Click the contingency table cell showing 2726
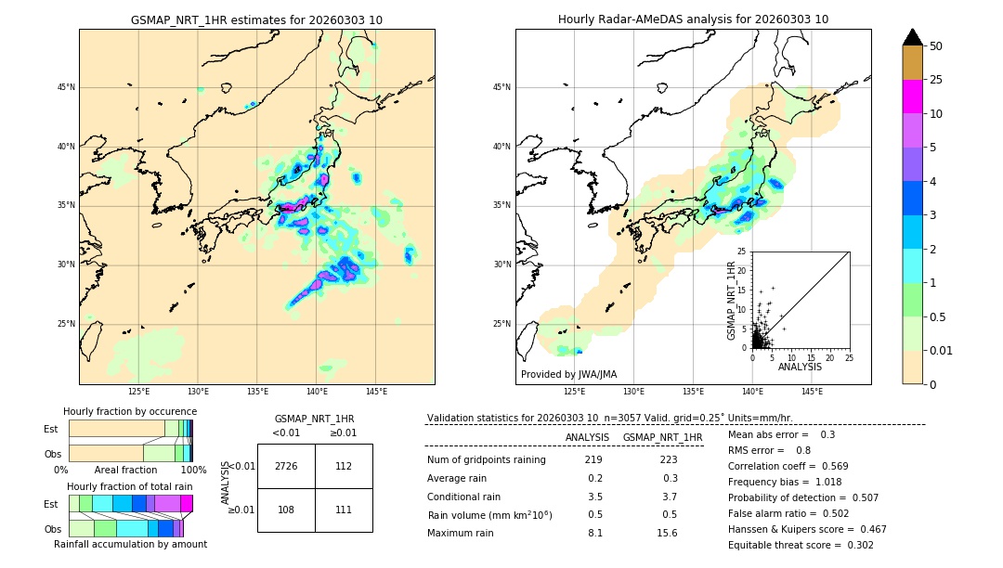pyautogui.click(x=286, y=466)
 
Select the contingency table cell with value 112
pyautogui.click(x=344, y=466)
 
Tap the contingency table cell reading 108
pyautogui.click(x=286, y=510)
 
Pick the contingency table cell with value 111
pyautogui.click(x=344, y=510)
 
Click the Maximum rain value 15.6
pyautogui.click(x=667, y=533)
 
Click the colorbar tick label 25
pyautogui.click(x=936, y=81)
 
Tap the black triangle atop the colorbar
pyautogui.click(x=913, y=37)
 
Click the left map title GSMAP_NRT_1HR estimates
pyautogui.click(x=256, y=20)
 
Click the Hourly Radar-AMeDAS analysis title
pyautogui.click(x=693, y=19)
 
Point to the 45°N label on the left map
pyautogui.click(x=66, y=87)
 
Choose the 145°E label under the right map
pyautogui.click(x=812, y=392)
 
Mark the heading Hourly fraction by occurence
pyautogui.click(x=130, y=411)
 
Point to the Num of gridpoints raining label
pyautogui.click(x=487, y=460)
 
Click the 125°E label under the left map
pyautogui.click(x=138, y=392)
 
